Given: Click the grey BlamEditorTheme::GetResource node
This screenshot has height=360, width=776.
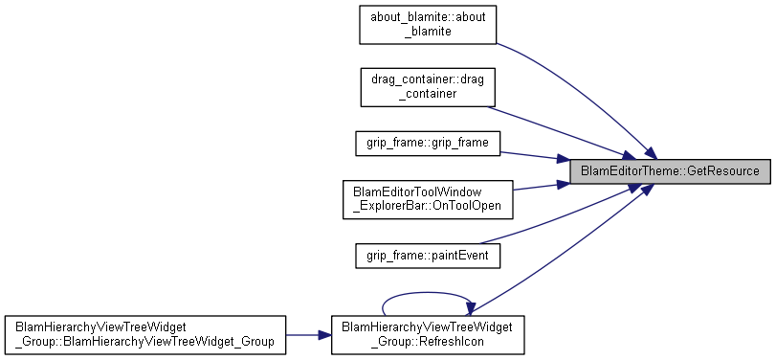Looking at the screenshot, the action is tap(670, 171).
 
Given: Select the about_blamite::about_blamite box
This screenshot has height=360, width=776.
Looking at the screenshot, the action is tap(428, 25).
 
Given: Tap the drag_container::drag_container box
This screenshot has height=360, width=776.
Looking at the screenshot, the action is tap(428, 87).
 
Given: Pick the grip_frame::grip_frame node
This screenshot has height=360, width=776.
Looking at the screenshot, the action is tap(428, 143).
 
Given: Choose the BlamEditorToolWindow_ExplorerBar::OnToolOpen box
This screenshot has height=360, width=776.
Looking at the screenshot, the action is tap(428, 199).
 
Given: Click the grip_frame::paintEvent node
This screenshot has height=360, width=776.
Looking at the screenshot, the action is tap(428, 256).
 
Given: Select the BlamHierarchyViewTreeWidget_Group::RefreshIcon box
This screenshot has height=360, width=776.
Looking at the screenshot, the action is tap(428, 335).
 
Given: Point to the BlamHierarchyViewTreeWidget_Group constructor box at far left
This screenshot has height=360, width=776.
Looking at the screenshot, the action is tap(145, 335).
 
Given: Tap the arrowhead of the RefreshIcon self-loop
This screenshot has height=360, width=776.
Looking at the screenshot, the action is tap(467, 309).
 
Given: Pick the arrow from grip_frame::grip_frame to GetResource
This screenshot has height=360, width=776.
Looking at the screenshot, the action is tap(535, 156).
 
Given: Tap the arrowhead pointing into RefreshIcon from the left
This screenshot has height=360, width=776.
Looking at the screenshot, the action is tap(324, 335).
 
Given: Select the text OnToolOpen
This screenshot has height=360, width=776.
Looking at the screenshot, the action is tap(467, 206).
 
